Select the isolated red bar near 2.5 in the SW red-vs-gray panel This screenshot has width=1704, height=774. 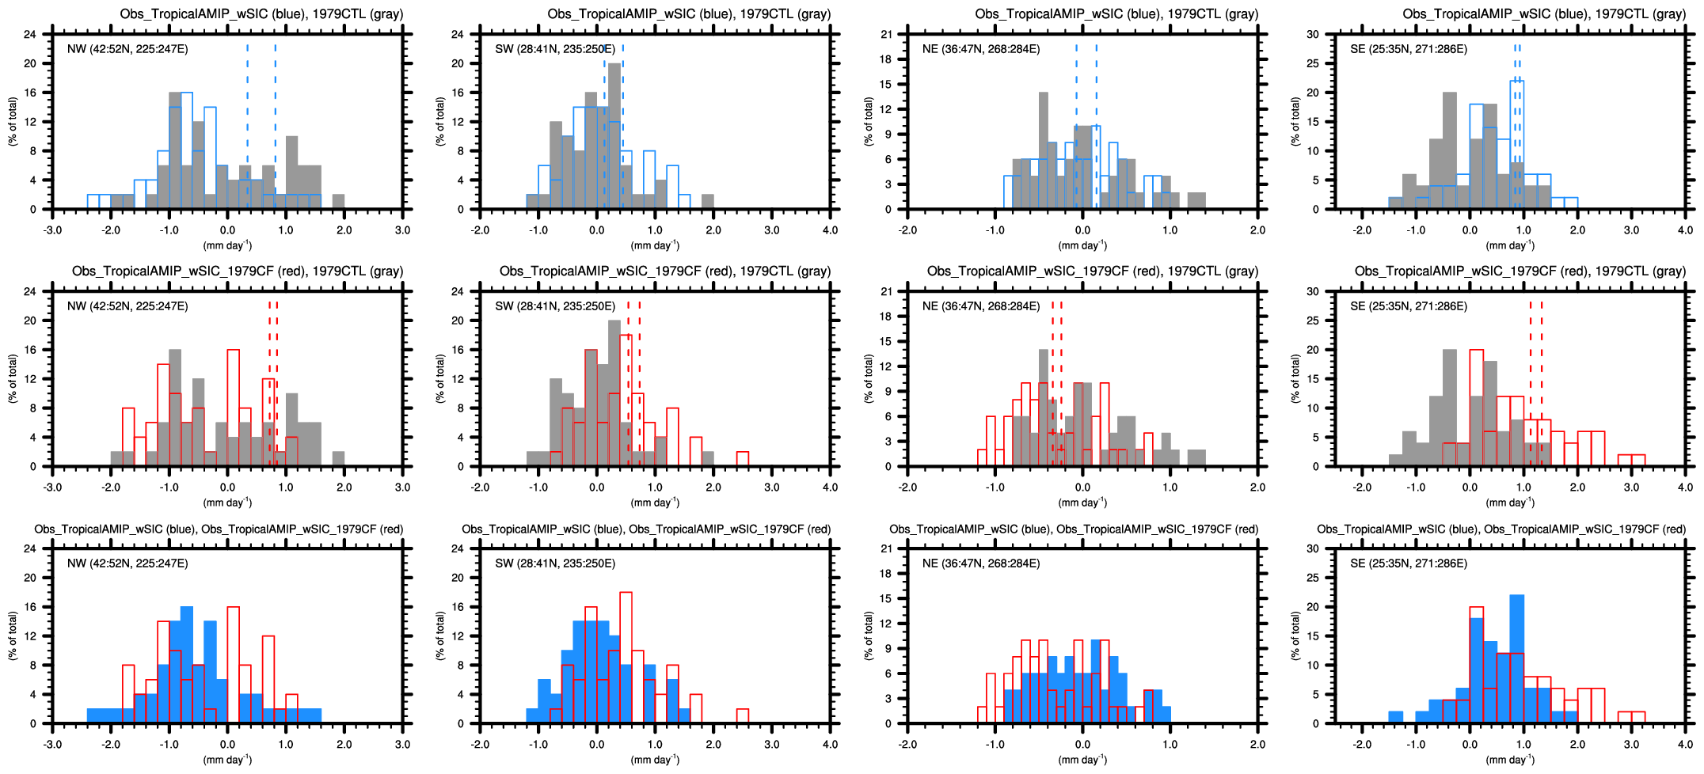(743, 459)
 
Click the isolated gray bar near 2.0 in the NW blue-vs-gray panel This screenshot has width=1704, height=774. (338, 202)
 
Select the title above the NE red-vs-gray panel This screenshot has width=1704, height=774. (1092, 271)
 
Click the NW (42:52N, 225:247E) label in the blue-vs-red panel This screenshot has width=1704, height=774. (127, 563)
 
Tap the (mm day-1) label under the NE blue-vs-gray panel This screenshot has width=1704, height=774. (1082, 246)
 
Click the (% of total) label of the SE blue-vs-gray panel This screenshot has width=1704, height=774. (1295, 121)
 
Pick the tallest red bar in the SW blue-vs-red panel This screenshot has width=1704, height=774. (626, 657)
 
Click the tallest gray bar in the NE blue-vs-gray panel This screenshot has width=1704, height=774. (1043, 150)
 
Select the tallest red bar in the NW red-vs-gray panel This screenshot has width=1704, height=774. (233, 408)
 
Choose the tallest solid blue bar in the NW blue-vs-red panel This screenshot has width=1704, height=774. (187, 665)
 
